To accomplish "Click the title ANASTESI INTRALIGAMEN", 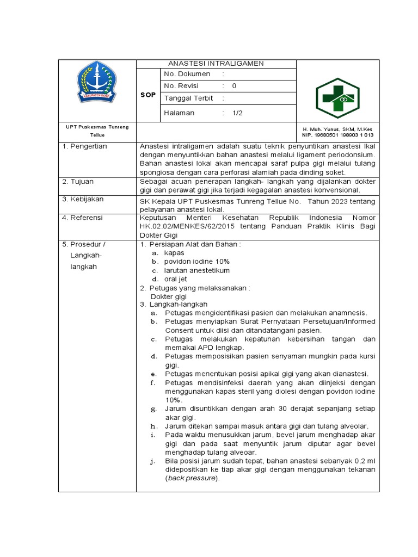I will point(216,63).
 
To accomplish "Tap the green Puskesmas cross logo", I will point(337,97).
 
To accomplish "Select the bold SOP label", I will point(148,95).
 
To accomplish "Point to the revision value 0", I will point(234,86).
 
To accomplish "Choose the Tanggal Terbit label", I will point(188,98).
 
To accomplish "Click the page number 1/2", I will point(237,113).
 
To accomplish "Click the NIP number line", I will point(337,135).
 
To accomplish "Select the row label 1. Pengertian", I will point(84,146).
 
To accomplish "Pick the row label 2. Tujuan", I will point(78,181).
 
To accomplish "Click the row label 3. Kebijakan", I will point(83,199).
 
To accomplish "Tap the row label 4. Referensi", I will point(83,218).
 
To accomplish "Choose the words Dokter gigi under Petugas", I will point(169,296).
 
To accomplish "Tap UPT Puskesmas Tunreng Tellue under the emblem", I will point(97,131).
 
